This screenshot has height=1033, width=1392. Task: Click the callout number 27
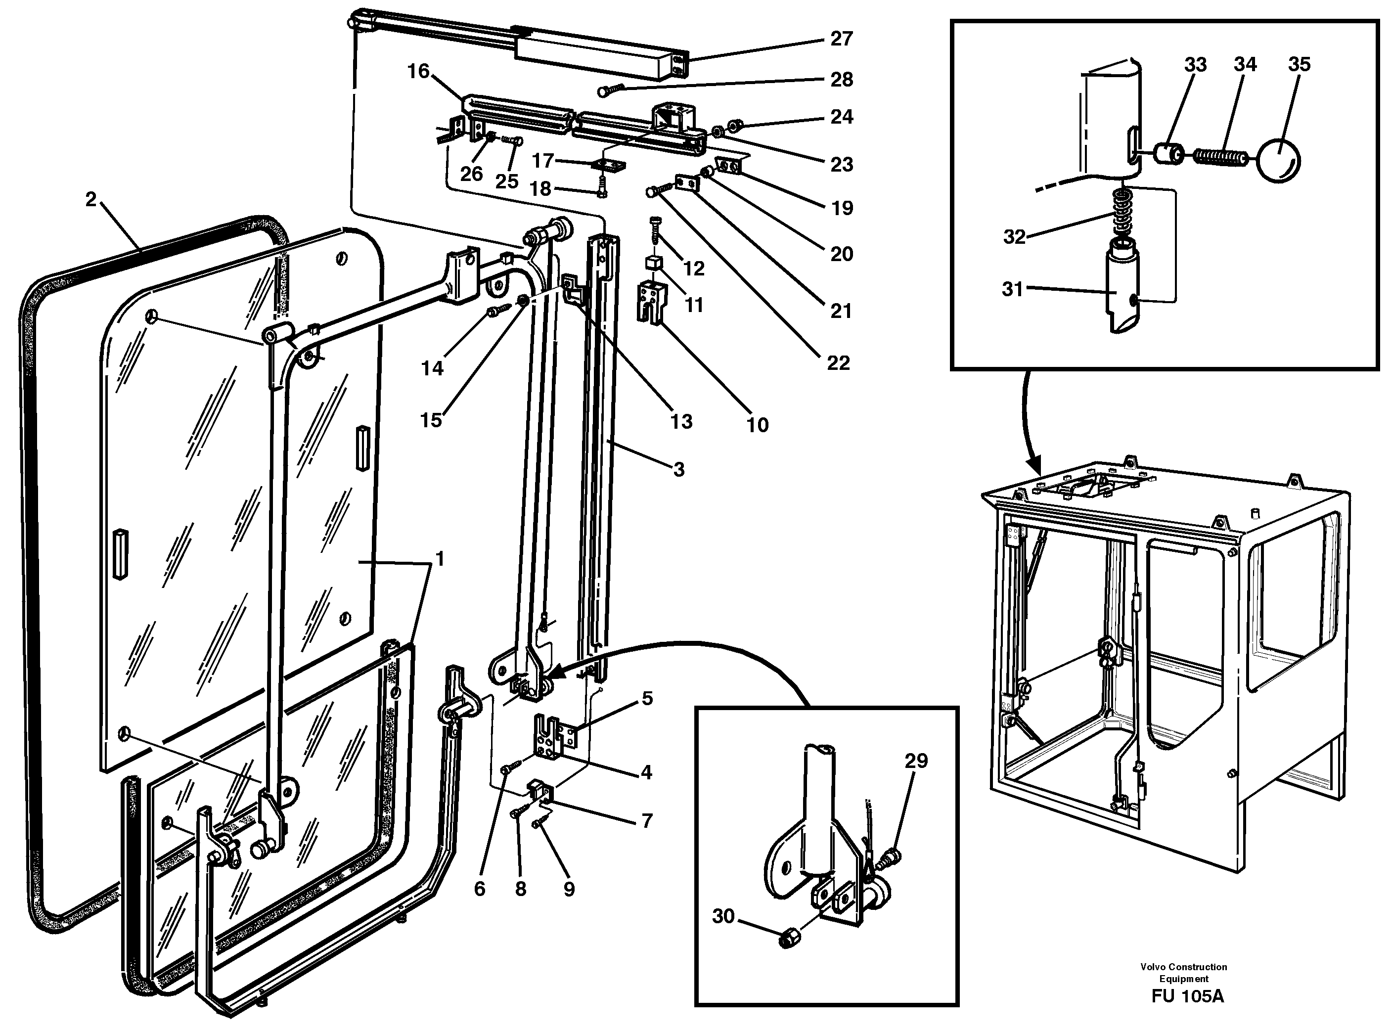click(841, 39)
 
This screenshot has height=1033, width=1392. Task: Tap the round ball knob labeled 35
click(1279, 160)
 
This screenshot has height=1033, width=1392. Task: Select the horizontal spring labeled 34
click(1220, 156)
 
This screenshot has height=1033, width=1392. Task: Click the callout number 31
click(1012, 289)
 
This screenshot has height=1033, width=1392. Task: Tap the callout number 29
click(916, 761)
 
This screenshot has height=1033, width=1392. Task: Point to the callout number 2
click(91, 199)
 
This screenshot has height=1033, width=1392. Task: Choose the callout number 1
click(440, 559)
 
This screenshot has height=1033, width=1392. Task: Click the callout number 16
click(418, 71)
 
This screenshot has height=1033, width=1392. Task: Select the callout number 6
click(480, 889)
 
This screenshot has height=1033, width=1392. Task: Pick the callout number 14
click(432, 368)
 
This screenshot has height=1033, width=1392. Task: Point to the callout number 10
click(757, 425)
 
